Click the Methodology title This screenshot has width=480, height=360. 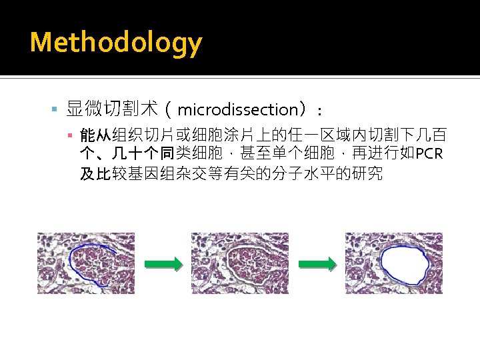(x=115, y=43)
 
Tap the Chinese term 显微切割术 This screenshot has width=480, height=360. (x=112, y=109)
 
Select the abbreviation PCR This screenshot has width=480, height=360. (x=428, y=155)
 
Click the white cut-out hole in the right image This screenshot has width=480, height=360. (x=403, y=266)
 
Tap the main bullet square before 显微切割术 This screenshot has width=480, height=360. (x=55, y=108)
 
